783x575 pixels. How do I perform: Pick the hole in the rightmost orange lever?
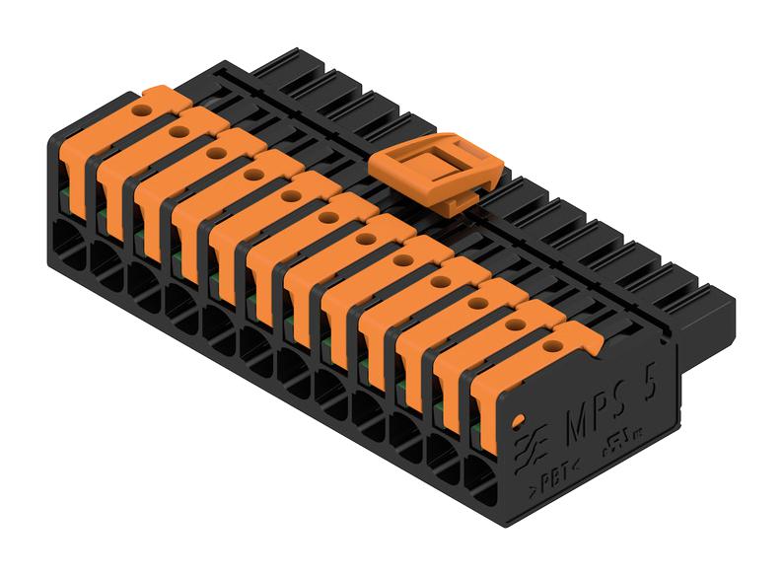pyautogui.click(x=552, y=346)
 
